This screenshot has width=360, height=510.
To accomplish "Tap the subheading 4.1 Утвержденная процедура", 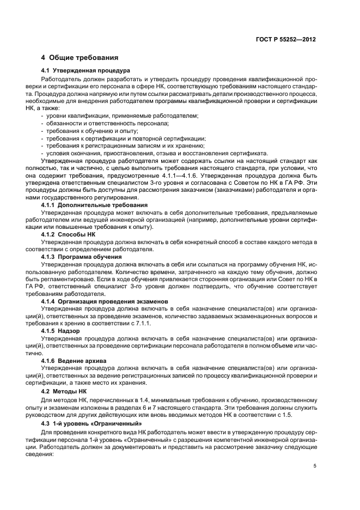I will [x=86, y=71].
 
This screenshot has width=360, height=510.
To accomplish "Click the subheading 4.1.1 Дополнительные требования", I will [x=95, y=205].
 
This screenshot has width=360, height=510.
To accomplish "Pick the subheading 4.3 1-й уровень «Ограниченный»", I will [x=91, y=423].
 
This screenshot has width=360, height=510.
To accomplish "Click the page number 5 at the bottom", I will [x=315, y=466].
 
